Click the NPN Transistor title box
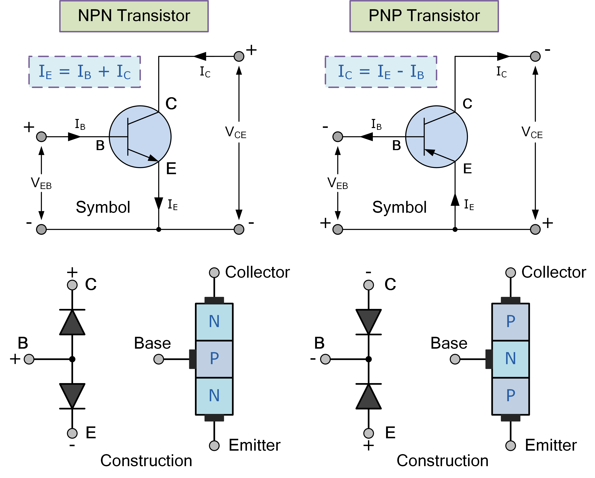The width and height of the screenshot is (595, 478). click(x=134, y=16)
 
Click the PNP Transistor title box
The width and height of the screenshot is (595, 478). click(x=424, y=16)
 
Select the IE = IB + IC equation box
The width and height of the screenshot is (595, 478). click(x=84, y=72)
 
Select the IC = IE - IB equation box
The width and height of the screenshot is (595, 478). click(x=381, y=72)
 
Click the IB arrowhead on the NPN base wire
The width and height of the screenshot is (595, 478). click(x=74, y=137)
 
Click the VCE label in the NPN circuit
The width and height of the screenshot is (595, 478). click(x=235, y=132)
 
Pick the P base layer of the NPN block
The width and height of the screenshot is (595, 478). click(x=214, y=359)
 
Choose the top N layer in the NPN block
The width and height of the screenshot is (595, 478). click(x=214, y=321)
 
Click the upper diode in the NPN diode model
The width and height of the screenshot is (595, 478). click(x=72, y=322)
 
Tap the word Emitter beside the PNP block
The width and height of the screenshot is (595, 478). click(x=551, y=445)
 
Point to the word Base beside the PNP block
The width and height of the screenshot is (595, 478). click(x=449, y=343)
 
